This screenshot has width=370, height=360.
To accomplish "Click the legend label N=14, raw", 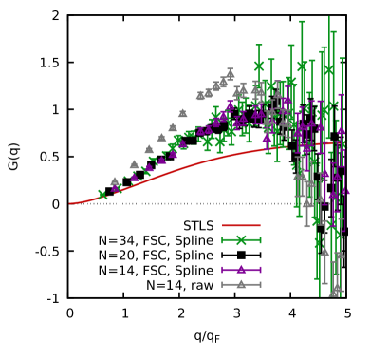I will [x=180, y=285].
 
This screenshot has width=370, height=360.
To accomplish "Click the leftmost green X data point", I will [x=102, y=195].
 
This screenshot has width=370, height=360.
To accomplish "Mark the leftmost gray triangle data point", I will [x=115, y=181].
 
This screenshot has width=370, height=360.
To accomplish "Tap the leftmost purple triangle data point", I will [x=117, y=189].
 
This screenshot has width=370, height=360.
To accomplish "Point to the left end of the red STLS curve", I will [x=69, y=203].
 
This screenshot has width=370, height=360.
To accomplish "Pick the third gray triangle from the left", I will [x=149, y=149].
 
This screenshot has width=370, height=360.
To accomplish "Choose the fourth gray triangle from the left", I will [x=161, y=138].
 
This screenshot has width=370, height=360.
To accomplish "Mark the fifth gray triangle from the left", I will [x=173, y=126].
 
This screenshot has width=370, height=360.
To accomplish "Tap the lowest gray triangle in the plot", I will [x=334, y=291].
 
